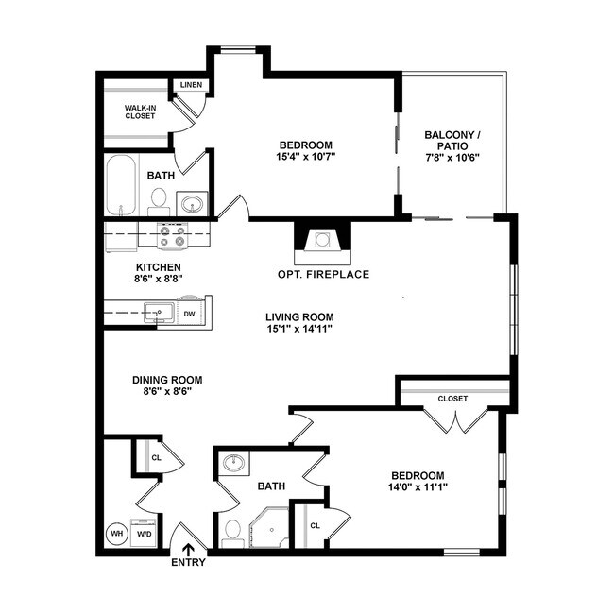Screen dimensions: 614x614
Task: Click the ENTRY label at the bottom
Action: pos(188,563)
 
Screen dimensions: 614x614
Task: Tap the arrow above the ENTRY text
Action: pos(188,548)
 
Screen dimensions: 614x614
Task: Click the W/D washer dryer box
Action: pos(145,534)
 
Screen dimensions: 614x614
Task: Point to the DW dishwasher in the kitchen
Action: pos(189,313)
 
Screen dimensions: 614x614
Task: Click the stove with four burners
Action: pos(173,235)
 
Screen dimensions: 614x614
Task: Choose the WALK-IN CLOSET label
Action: pos(140,112)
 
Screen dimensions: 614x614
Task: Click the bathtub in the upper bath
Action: pos(121,186)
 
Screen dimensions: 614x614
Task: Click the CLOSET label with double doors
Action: pos(452,399)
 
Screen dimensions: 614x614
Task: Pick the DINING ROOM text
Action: pos(167,380)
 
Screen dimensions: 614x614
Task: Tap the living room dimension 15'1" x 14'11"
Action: pos(299,329)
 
